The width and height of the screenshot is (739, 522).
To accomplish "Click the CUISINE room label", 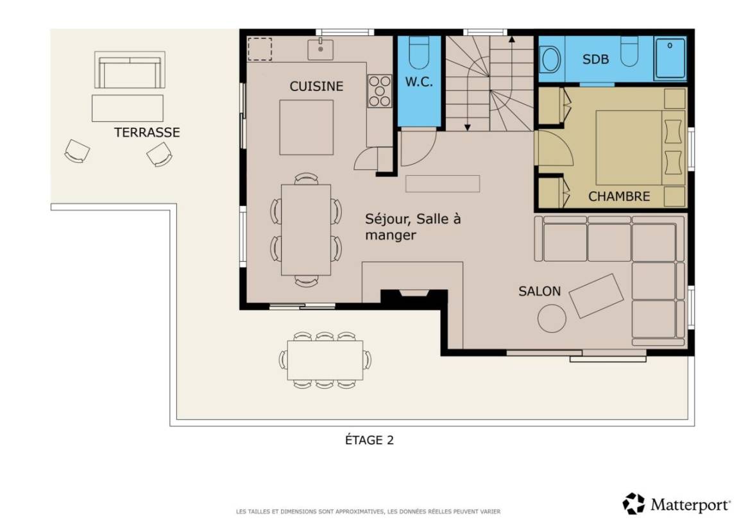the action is click(x=316, y=86).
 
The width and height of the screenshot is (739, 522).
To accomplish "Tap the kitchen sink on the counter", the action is click(x=321, y=49).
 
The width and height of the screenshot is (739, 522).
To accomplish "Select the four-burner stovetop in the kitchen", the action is click(x=380, y=91).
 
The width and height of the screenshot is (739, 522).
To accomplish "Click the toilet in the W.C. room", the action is click(x=419, y=53).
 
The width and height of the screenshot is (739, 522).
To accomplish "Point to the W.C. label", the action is click(x=419, y=82).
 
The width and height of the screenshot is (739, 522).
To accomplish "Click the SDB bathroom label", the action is click(x=595, y=60).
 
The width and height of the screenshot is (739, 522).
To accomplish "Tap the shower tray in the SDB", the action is click(x=670, y=58).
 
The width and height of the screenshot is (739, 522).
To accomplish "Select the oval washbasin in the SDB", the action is click(x=550, y=60).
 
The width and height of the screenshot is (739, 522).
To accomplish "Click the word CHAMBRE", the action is click(x=619, y=196).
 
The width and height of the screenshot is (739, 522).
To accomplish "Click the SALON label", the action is click(x=539, y=291).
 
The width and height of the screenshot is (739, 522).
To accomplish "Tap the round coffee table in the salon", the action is click(x=552, y=319).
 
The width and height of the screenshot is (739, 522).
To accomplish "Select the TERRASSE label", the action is click(x=147, y=132).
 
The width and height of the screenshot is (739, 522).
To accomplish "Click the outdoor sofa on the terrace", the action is click(x=130, y=70).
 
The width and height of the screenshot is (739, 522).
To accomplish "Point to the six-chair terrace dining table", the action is click(x=325, y=360).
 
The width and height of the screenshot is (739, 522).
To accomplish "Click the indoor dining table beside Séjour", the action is click(x=306, y=230).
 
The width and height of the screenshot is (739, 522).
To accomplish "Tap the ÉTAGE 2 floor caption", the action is click(x=369, y=440).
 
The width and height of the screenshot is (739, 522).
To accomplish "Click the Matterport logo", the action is click(x=676, y=505).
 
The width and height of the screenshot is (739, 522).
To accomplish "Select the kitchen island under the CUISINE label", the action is click(x=307, y=127).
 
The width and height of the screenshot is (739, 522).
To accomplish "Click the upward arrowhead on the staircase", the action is click(x=512, y=40).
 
